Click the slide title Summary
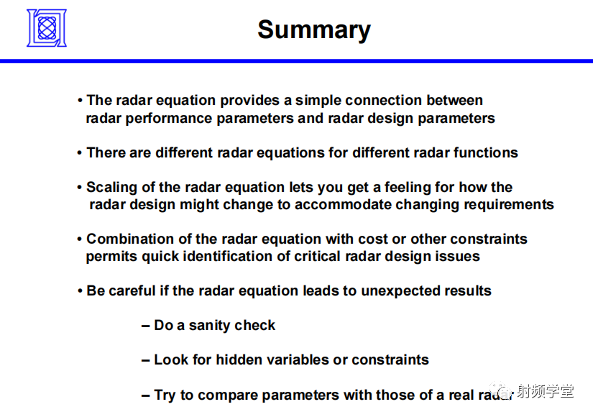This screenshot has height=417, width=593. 314,30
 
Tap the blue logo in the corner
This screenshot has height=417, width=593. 47,28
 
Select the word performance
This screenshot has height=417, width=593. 171,119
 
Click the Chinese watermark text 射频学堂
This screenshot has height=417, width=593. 545,391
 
